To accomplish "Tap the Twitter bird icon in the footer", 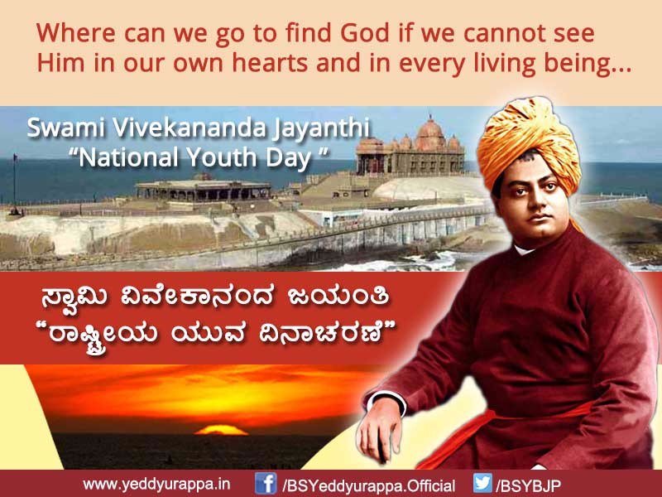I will [482, 483].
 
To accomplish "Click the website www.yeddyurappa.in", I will [156, 484].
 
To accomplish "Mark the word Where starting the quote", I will [70, 35].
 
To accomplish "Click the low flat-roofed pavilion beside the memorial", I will [203, 189].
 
